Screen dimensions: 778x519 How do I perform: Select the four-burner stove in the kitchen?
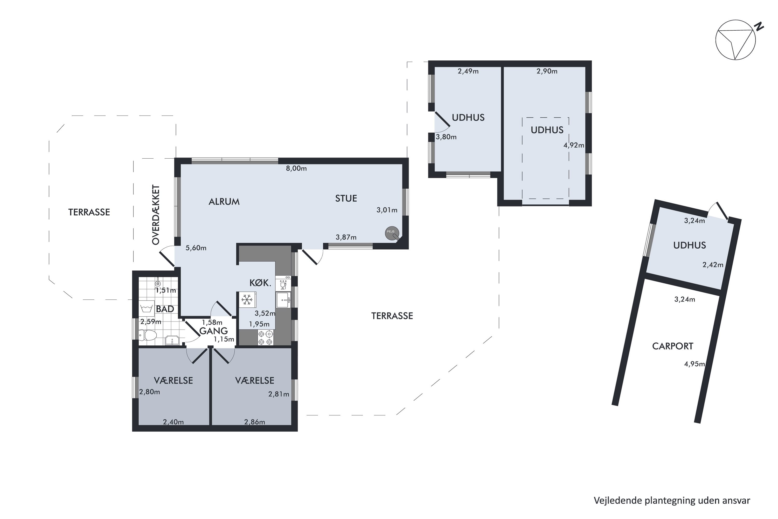point(266,338)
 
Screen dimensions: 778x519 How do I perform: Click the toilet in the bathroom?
point(148,335)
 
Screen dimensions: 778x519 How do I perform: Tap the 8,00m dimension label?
point(296,168)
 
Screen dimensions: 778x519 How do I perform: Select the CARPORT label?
point(672,346)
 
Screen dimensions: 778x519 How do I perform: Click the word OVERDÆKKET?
point(156,215)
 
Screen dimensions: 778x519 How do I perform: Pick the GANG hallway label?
point(214,331)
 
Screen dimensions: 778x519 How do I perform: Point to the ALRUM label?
point(224,202)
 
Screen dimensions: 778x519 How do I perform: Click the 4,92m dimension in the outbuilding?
point(574,145)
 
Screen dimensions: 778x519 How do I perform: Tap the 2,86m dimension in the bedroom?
point(255,422)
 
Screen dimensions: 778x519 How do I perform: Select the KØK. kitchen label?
point(260,283)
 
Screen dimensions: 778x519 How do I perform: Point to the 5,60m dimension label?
point(196,248)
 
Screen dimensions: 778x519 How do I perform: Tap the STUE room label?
point(346,199)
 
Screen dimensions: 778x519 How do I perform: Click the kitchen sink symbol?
point(283,300)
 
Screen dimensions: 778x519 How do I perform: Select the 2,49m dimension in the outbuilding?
point(468,71)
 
